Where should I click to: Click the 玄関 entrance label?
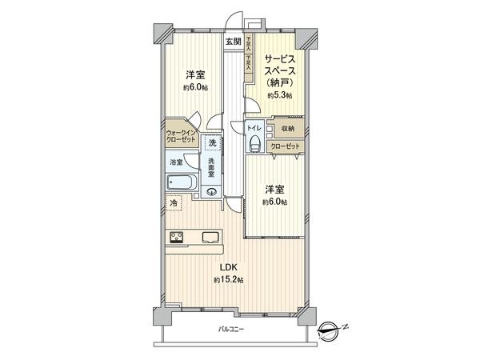(233, 41)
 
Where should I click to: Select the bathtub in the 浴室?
(181, 182)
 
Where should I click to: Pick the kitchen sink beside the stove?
(210, 236)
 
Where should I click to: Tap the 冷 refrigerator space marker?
(174, 205)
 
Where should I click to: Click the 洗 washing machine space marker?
(211, 142)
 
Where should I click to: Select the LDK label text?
(228, 268)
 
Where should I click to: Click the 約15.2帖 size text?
(228, 280)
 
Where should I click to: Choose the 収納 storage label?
(288, 128)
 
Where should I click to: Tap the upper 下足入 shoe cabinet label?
(250, 43)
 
